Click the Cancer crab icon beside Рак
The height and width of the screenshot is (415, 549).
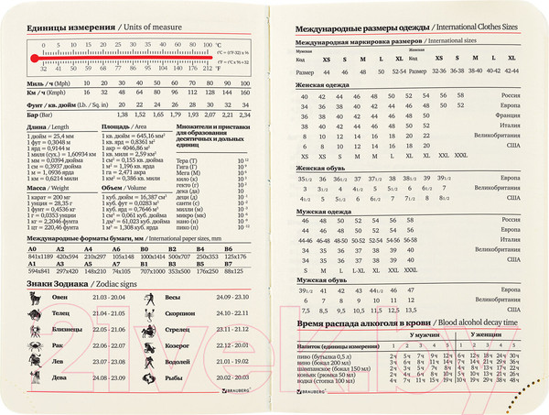[x=34, y=346]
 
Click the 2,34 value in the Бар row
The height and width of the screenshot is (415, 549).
[x=244, y=116]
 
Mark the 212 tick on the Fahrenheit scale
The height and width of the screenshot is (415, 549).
[x=218, y=67]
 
